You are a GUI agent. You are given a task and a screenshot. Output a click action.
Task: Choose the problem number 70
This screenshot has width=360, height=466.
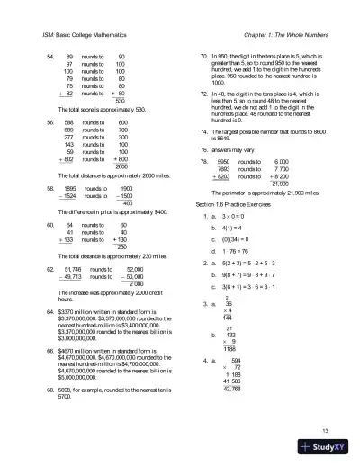203,56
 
